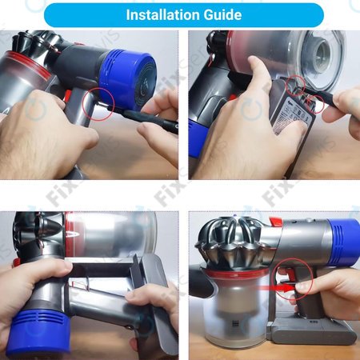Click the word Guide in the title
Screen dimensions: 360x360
click(x=228, y=15)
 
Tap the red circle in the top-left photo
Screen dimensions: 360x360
click(x=101, y=106)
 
